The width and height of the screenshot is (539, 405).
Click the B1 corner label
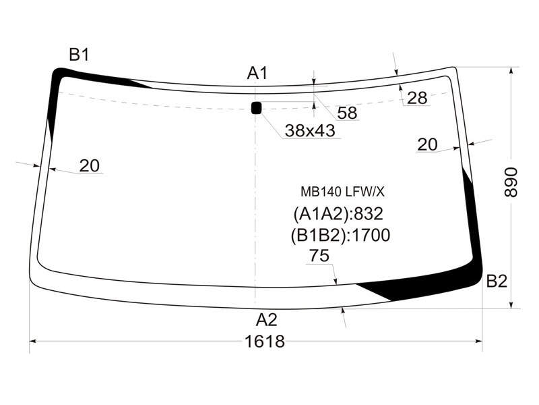79,55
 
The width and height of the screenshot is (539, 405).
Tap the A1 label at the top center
257,73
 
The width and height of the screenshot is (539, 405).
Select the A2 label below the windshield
266,320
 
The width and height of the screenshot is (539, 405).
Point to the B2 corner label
497,281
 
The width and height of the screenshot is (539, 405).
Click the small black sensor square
257,108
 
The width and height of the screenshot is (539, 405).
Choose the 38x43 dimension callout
310,130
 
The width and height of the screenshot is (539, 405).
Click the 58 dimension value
347,113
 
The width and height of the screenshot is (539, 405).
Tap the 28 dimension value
417,98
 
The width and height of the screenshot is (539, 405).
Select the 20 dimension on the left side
90,165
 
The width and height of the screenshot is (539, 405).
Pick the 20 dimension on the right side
427,144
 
